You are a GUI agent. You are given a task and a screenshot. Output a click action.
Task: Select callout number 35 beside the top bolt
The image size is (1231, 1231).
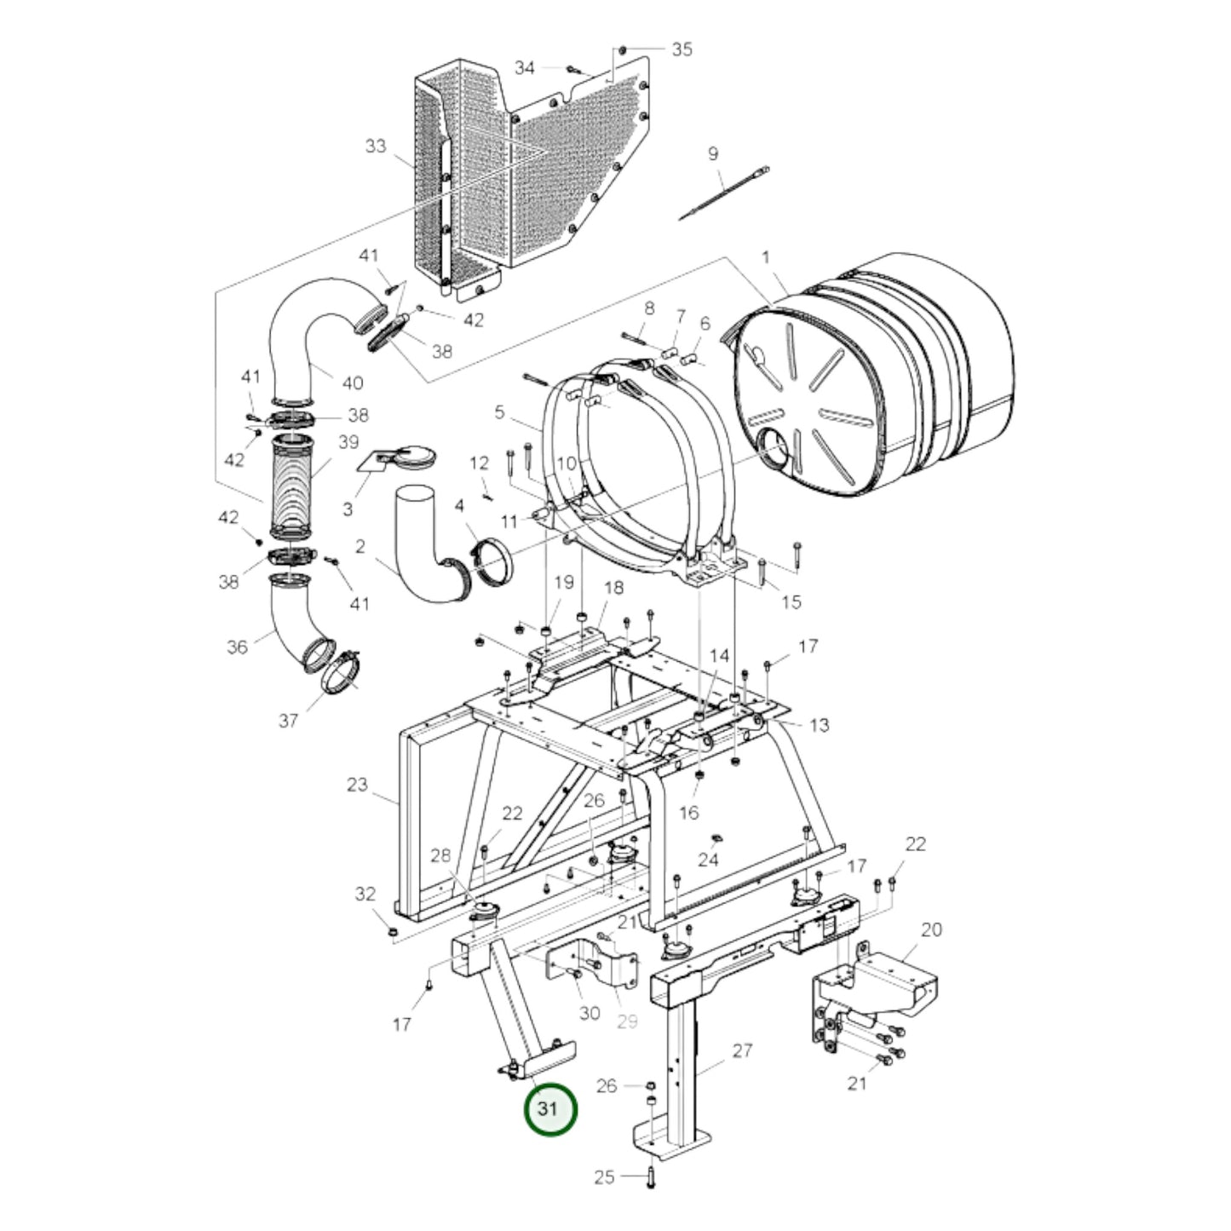pos(682,49)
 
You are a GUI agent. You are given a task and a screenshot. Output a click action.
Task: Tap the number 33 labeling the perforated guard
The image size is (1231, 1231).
pos(376,147)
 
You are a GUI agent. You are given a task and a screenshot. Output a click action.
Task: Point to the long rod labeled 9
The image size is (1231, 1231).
pos(724,193)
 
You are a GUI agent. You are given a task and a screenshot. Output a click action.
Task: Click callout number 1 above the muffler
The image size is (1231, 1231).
pos(766,258)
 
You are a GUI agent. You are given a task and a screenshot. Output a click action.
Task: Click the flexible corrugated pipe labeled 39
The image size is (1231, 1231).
pos(292,485)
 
